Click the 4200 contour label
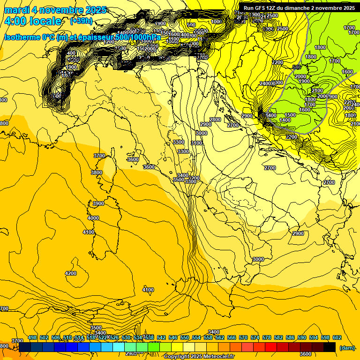click(71, 273)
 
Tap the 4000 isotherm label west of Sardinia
click(93, 218)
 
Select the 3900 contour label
click(98, 203)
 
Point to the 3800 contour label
click(97, 172)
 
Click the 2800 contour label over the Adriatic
click(215, 120)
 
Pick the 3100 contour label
click(197, 143)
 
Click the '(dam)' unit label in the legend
click(346, 347)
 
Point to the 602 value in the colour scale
click(337, 337)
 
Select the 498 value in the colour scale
click(32, 337)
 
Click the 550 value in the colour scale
click(185, 337)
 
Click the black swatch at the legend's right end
click(330, 347)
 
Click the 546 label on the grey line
click(296, 67)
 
